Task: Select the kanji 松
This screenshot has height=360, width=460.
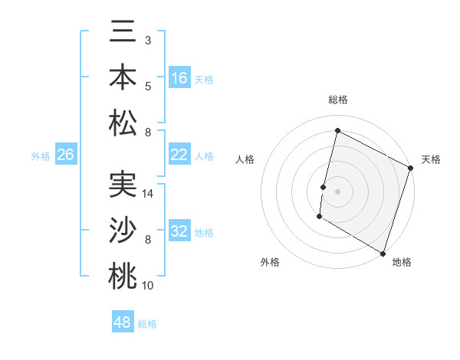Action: tap(123, 122)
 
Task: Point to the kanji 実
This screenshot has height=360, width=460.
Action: tap(123, 184)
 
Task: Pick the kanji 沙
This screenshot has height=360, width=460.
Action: tap(123, 229)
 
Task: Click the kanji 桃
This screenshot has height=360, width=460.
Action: tap(123, 275)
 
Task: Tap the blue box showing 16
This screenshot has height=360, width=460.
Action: tap(179, 77)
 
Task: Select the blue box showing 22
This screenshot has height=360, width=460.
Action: tap(179, 155)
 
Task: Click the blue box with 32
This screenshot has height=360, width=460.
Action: tap(179, 231)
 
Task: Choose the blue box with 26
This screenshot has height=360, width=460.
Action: tap(66, 155)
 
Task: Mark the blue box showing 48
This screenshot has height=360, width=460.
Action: tap(123, 322)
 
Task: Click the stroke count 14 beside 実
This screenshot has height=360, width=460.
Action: tap(149, 194)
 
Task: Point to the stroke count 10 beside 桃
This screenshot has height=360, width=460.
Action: tap(149, 286)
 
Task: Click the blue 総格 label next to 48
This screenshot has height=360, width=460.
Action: tap(148, 324)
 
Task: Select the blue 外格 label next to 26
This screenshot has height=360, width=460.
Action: tap(41, 156)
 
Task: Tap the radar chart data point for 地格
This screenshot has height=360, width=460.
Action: tap(382, 253)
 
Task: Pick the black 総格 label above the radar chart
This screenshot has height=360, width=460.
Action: tap(337, 100)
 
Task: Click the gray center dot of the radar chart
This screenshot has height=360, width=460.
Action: tap(337, 191)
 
